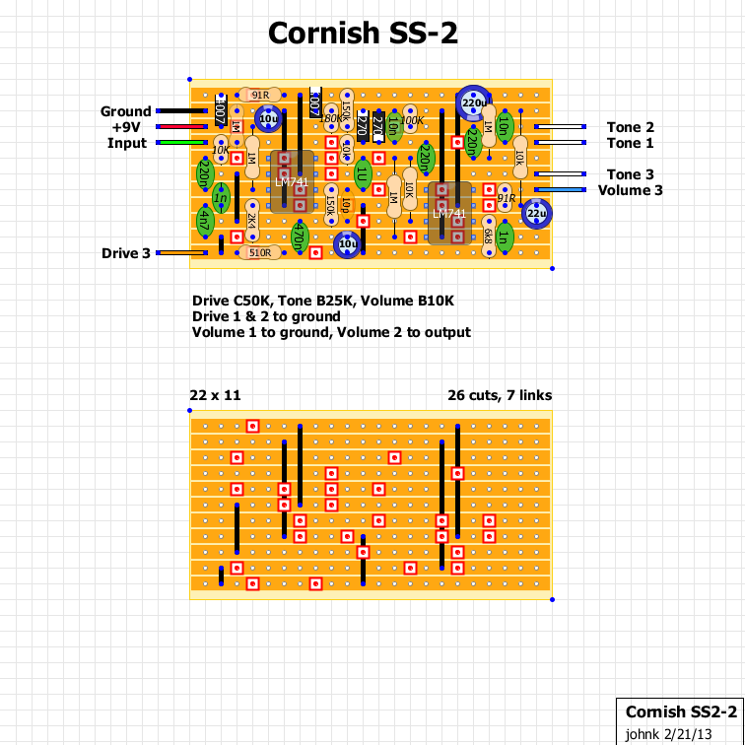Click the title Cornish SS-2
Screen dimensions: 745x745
click(363, 34)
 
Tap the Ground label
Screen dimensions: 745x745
click(125, 111)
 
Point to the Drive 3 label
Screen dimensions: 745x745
click(125, 253)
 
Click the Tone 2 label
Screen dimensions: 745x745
click(630, 127)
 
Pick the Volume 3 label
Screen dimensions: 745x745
click(630, 190)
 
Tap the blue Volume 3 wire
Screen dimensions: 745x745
click(562, 190)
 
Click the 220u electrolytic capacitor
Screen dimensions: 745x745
click(473, 102)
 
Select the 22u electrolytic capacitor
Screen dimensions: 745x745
click(536, 212)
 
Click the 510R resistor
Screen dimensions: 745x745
click(260, 253)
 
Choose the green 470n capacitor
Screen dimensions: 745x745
click(300, 237)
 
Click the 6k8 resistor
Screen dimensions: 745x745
click(488, 237)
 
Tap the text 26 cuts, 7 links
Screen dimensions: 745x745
click(499, 395)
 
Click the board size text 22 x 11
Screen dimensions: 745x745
click(215, 395)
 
